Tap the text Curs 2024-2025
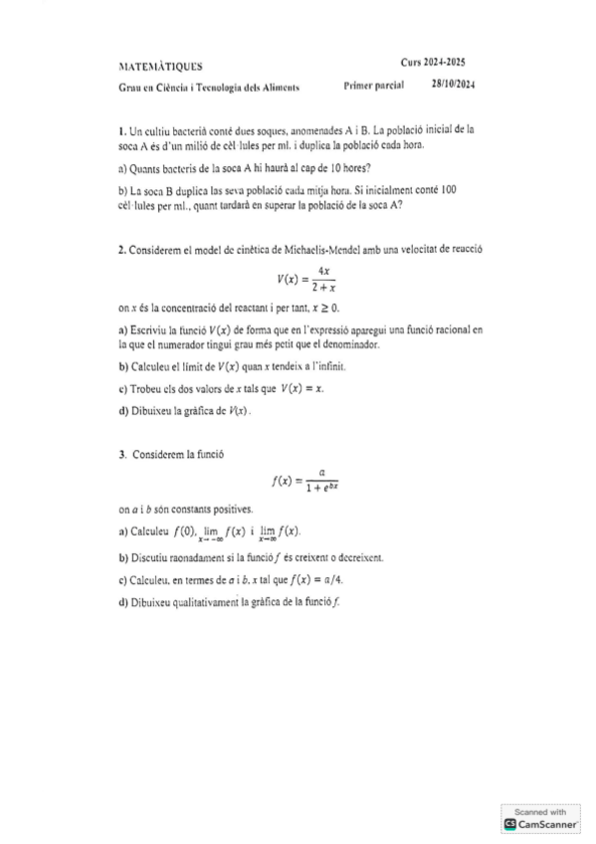(x=433, y=62)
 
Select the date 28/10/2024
(x=453, y=86)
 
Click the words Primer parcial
(x=372, y=87)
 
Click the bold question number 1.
(x=120, y=130)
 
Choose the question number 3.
(x=120, y=454)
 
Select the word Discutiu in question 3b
(x=150, y=558)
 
